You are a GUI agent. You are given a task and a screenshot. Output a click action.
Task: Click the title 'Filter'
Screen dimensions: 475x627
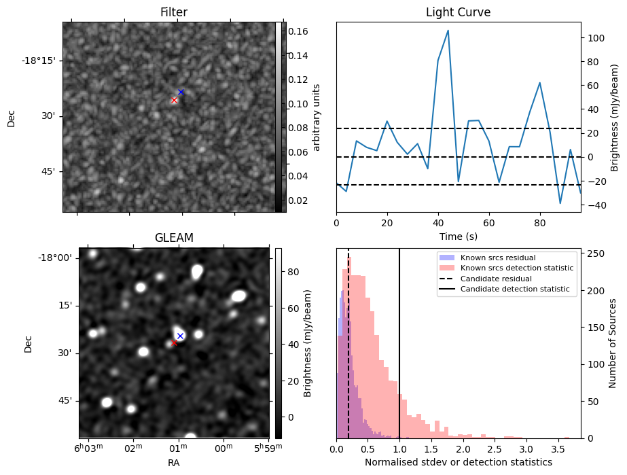[173, 12]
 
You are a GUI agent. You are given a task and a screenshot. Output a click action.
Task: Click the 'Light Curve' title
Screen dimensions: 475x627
[458, 12]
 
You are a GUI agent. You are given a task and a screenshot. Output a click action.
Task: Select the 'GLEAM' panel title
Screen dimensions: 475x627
[174, 238]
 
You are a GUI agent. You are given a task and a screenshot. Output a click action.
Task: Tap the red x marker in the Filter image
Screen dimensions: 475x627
[174, 100]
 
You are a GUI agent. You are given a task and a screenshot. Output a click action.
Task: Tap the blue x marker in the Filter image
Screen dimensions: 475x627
[181, 92]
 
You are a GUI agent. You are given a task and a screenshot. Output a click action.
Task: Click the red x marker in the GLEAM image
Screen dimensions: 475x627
[174, 342]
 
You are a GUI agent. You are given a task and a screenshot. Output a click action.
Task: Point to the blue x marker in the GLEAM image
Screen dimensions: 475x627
[180, 336]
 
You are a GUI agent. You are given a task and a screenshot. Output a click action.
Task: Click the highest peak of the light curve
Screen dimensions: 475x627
[448, 31]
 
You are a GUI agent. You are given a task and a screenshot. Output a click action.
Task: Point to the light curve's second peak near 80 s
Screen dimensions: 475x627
[539, 83]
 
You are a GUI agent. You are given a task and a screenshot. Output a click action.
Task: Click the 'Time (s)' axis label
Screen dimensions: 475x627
[458, 236]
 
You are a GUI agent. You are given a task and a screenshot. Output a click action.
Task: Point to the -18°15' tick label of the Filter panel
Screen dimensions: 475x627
[38, 60]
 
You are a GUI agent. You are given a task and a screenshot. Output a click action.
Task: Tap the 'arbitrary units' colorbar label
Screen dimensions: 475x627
[316, 117]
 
